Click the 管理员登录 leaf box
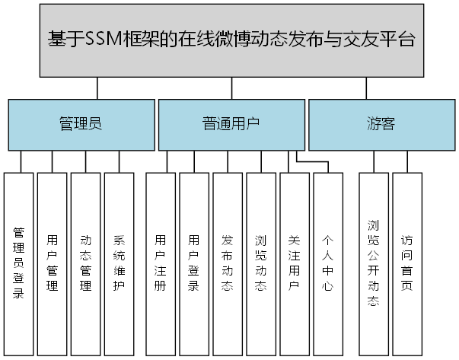19,263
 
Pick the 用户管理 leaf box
52,263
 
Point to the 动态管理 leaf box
85,263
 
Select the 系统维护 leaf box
119,263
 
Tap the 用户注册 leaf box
160,263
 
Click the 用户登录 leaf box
194,263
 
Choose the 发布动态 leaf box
228,263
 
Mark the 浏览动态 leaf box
261,263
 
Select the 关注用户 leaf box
295,263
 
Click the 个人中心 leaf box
328,263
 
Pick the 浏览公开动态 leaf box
373,263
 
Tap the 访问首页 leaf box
407,263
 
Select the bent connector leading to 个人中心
312,161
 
